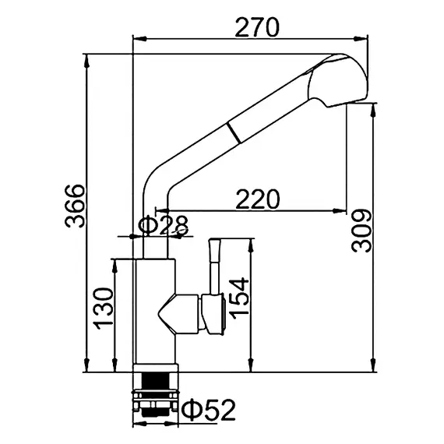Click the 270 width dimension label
[x=257, y=27]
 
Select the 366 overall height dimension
[x=75, y=206]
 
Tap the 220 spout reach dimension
[x=257, y=199]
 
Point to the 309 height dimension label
[x=361, y=231]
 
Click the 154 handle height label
[x=239, y=298]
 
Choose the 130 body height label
[x=104, y=308]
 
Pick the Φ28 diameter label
[x=163, y=226]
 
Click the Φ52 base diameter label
[x=209, y=410]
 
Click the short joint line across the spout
[x=234, y=132]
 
